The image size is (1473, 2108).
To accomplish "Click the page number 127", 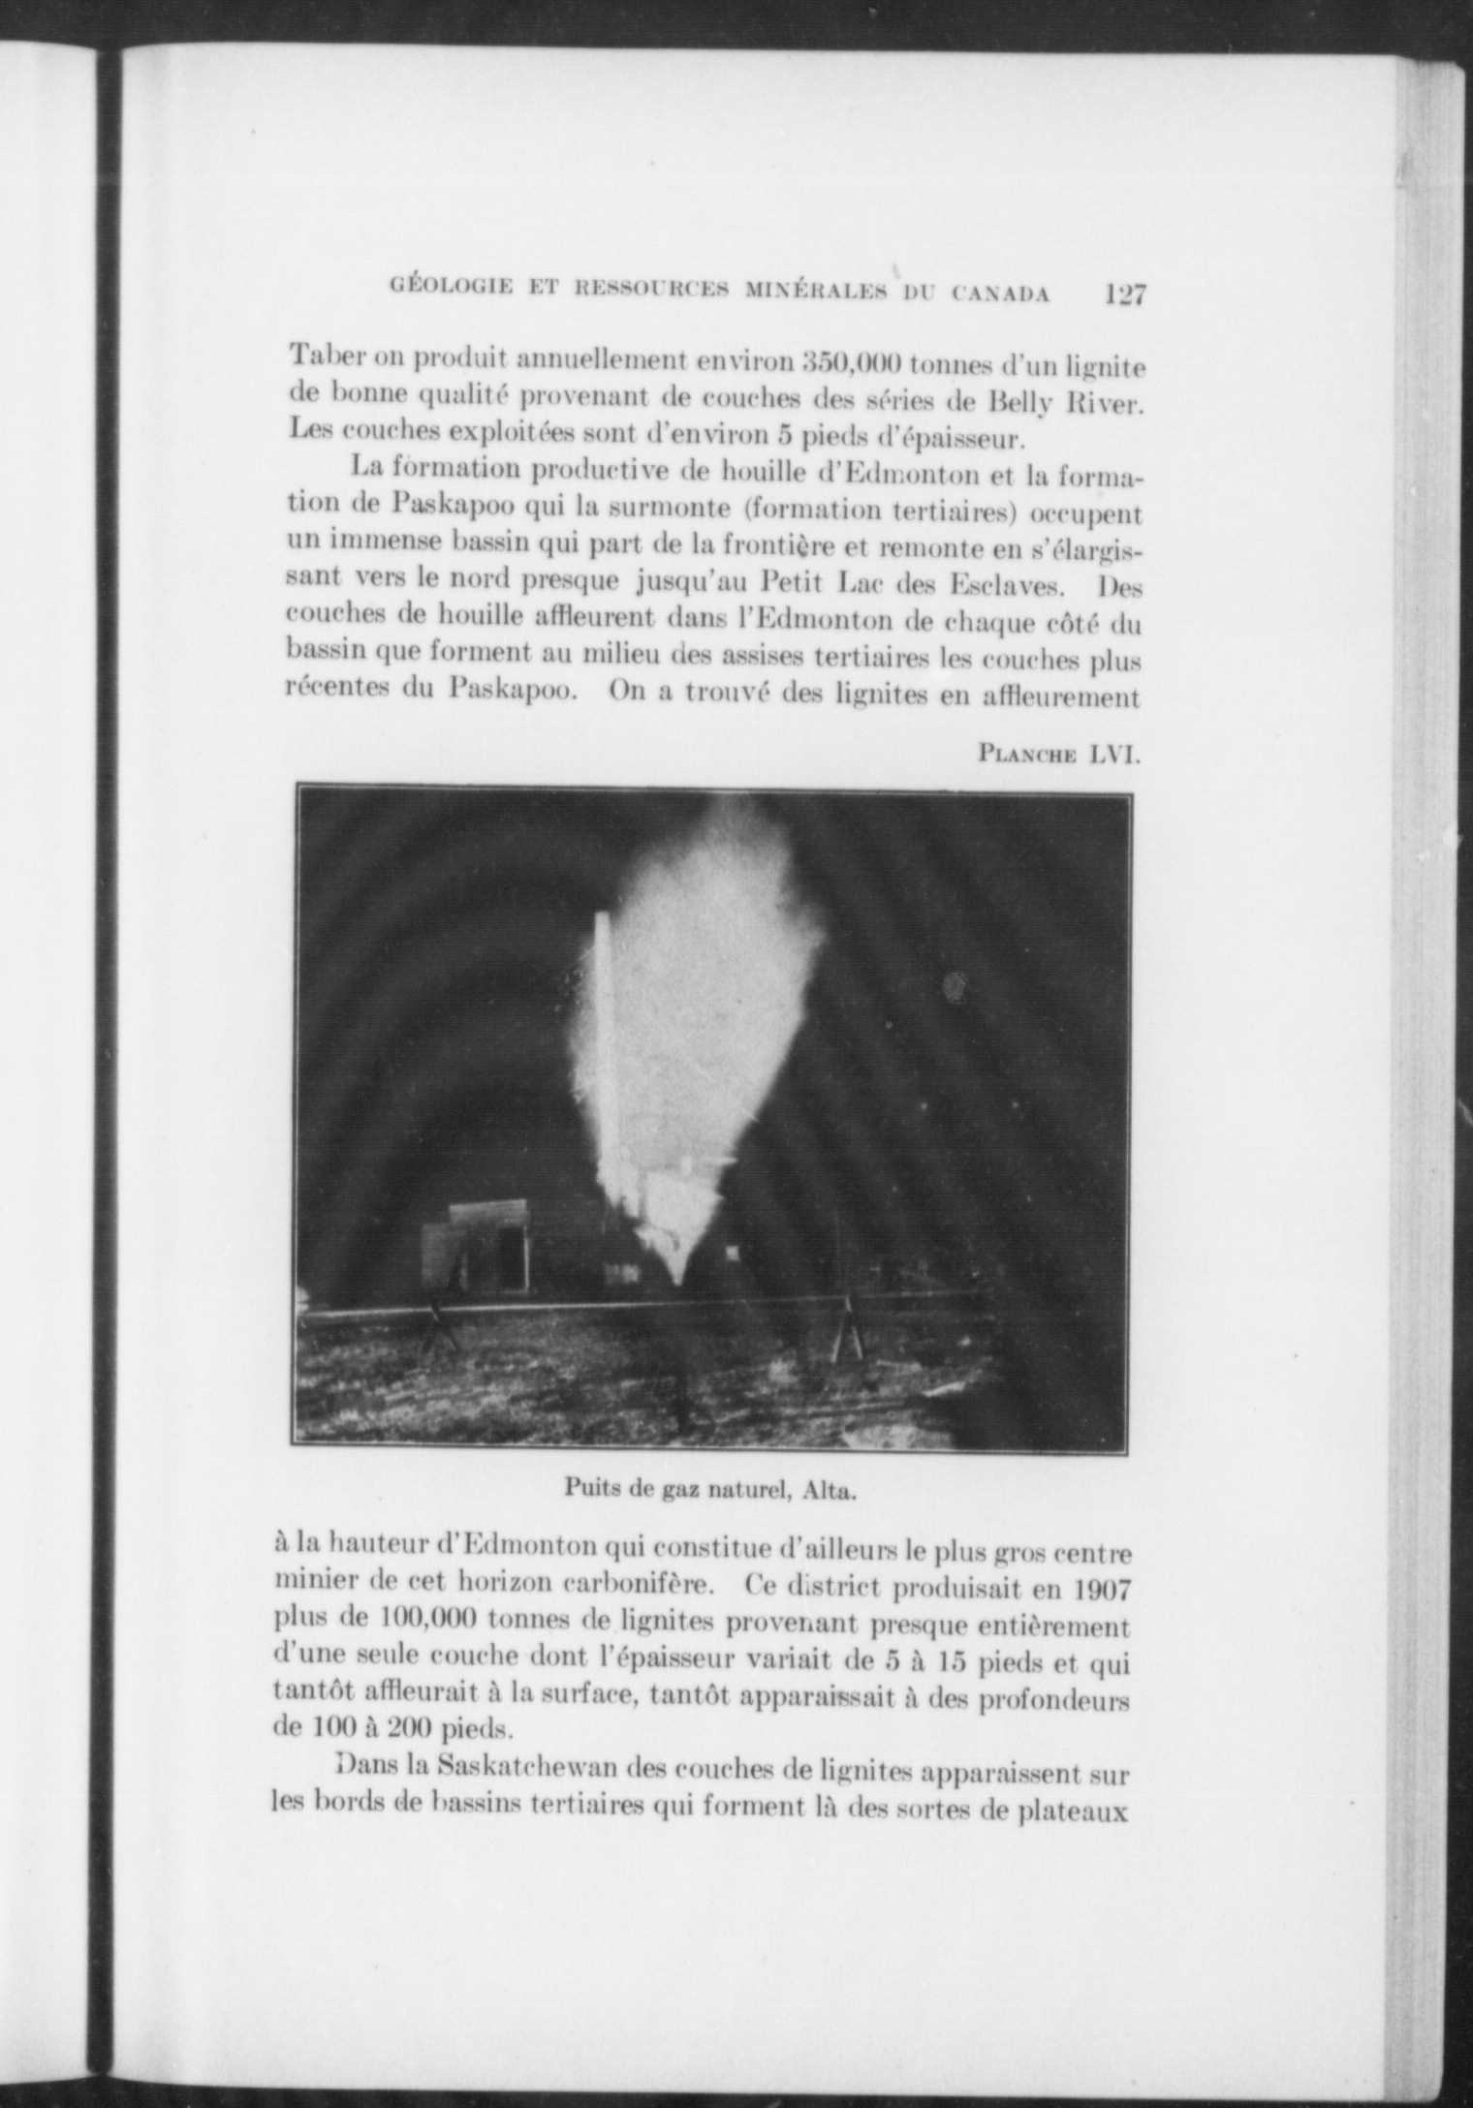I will [1125, 294].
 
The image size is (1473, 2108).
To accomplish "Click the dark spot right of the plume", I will [955, 987].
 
